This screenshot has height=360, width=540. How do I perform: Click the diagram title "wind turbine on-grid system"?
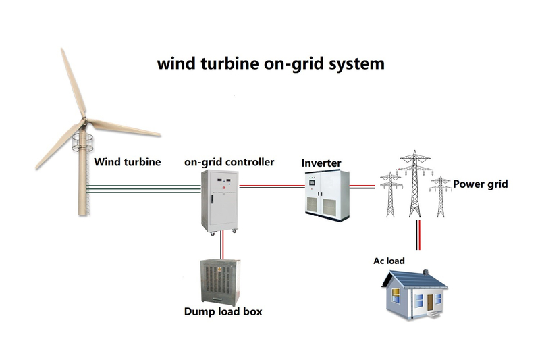pos(271,64)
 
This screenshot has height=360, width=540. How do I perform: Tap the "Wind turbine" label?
pos(128,162)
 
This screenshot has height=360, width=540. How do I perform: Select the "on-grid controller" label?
pos(230,163)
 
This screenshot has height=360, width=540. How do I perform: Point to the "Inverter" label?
pos(321,163)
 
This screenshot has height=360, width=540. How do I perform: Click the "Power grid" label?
pos(481,184)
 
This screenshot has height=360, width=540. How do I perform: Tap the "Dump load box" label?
pos(223,313)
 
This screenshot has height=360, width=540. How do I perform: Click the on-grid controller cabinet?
pos(221,199)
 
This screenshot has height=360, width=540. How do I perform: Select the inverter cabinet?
pos(327,196)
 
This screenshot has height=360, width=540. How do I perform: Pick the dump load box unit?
pos(217,281)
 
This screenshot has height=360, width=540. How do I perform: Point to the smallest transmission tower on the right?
pos(441,196)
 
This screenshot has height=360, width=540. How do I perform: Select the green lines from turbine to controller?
pos(145,187)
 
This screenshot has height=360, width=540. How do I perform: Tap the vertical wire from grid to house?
pos(418,240)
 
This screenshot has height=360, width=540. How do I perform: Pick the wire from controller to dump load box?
pos(221,245)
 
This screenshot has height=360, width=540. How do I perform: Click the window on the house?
pos(419,300)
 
